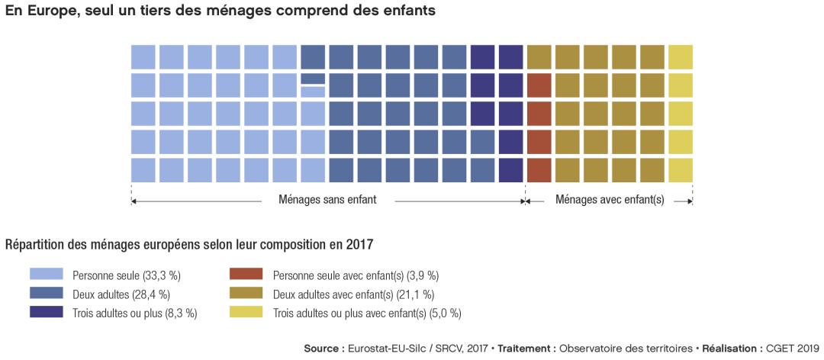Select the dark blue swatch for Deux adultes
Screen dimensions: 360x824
coord(46,294)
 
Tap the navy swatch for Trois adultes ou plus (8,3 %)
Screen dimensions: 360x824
coord(46,312)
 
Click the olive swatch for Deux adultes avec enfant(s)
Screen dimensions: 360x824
coord(246,294)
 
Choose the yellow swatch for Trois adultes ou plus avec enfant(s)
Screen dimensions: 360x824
coord(246,312)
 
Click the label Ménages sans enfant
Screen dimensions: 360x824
coord(328,201)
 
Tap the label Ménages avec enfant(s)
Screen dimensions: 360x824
coord(610,201)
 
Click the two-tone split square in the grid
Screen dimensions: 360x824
coord(313,85)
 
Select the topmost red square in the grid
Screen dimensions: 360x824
coord(539,85)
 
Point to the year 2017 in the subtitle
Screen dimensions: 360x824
coord(359,245)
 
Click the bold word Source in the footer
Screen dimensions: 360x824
coord(321,349)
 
